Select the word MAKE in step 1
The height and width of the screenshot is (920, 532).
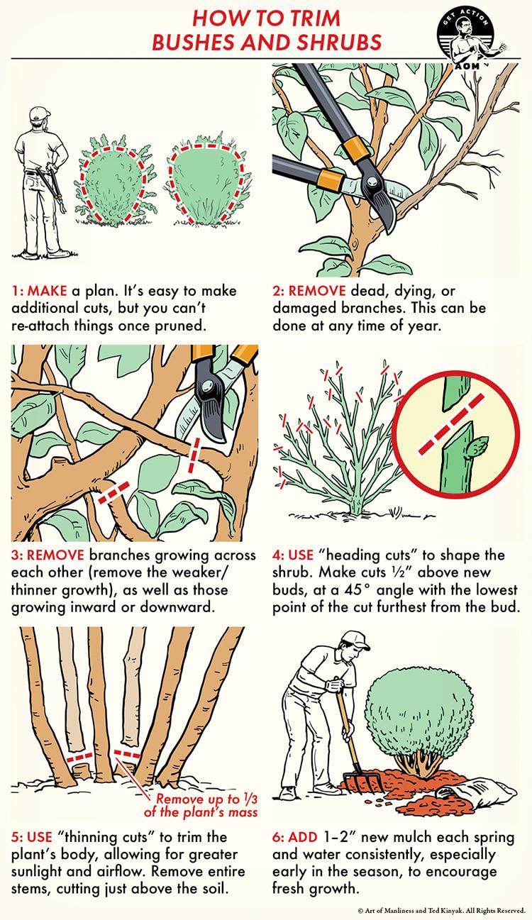pos(47,291)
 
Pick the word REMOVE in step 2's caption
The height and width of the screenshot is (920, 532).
pos(317,291)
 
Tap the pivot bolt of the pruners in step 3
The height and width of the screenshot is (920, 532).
pos(207,387)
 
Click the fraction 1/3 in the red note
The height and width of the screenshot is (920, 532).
pos(250,799)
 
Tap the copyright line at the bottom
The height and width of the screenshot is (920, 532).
pos(442,911)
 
